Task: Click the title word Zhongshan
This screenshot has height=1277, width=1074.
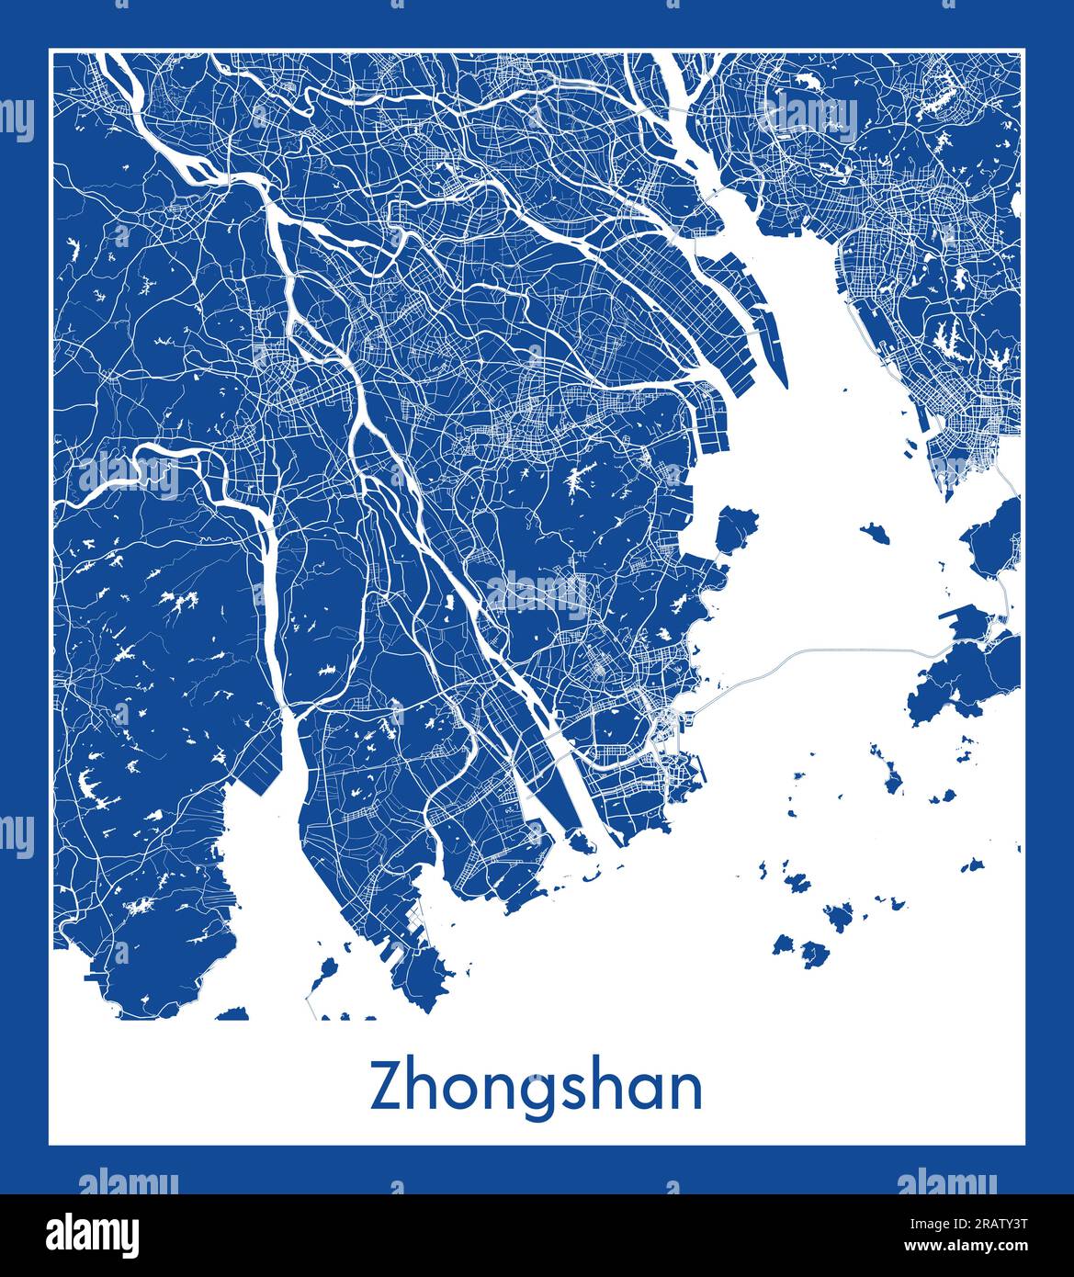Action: [x=536, y=1088]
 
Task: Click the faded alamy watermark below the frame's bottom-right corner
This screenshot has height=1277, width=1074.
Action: [x=945, y=1181]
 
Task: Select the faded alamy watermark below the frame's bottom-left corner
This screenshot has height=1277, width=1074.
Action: [x=129, y=1181]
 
